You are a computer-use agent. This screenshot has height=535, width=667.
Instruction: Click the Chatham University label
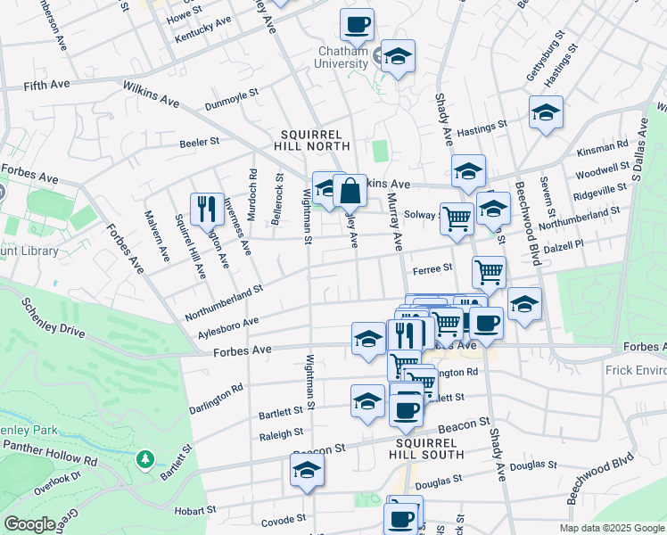343,57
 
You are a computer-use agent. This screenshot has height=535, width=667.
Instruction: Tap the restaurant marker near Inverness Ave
207,209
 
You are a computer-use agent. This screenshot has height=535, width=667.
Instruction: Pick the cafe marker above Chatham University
357,25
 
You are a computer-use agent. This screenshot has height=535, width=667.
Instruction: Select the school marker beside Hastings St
546,112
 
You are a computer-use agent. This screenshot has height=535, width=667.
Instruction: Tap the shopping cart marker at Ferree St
489,271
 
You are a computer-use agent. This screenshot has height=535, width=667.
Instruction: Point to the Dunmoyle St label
231,92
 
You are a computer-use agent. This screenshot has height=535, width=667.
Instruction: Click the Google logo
29,524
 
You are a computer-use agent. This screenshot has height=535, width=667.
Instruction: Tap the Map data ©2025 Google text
611,528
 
